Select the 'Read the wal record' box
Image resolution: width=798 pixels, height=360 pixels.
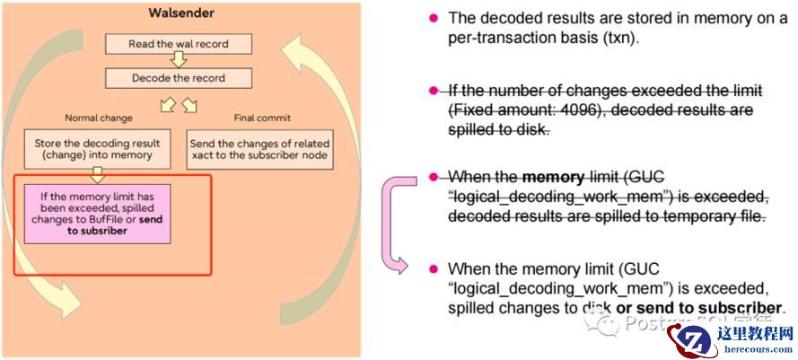click(178, 42)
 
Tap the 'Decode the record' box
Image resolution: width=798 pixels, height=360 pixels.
click(178, 78)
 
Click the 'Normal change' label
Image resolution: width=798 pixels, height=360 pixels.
click(98, 118)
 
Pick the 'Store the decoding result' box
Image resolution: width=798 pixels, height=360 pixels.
click(98, 149)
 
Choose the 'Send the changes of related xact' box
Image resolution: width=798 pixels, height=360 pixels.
click(260, 149)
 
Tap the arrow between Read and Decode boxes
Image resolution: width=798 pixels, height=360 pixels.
click(178, 60)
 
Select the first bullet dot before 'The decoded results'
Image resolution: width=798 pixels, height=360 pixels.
click(434, 18)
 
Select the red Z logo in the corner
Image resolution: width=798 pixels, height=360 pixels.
click(691, 338)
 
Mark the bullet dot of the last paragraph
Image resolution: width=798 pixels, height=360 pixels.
click(434, 268)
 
